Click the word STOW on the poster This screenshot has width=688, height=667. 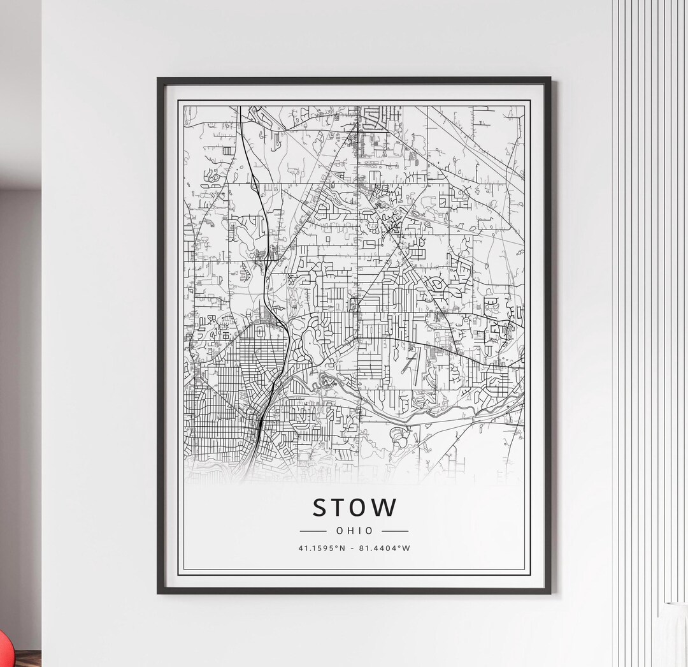[354, 507]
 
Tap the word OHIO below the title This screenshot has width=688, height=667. [354, 531]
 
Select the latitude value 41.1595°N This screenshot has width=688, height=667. [321, 548]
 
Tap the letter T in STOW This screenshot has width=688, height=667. [340, 507]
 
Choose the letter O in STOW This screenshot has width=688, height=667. [361, 507]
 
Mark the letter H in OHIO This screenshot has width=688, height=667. [349, 531]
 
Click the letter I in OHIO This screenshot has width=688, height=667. [359, 531]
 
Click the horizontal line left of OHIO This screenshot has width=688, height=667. [313, 531]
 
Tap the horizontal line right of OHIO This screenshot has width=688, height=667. [395, 531]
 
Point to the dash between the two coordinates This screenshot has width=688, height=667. [352, 548]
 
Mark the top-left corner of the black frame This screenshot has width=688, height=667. [159, 79]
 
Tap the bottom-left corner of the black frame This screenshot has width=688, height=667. [159, 592]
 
